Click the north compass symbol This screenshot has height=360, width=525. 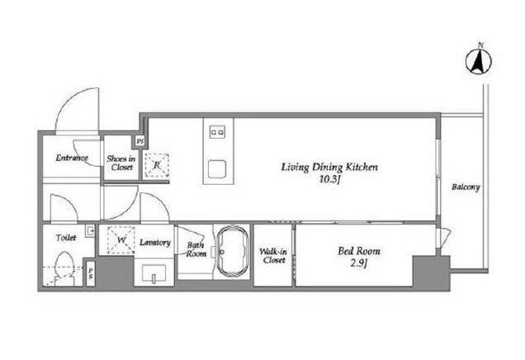[x=479, y=61]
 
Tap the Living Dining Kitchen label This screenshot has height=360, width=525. [x=329, y=167]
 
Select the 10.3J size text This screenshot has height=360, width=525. [x=330, y=179]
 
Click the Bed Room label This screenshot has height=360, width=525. [x=359, y=251]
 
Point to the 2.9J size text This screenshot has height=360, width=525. [x=359, y=263]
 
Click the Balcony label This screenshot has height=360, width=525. [x=466, y=187]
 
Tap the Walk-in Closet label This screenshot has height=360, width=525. [x=273, y=255]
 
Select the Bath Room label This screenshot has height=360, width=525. [x=196, y=249]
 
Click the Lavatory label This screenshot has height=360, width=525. [x=155, y=242]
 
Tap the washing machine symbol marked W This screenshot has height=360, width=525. [x=121, y=239]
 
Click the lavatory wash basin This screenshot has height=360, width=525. [x=154, y=273]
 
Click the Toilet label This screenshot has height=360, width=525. [x=66, y=238]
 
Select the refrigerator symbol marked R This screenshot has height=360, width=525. [x=157, y=165]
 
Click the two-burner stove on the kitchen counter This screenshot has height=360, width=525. [x=217, y=132]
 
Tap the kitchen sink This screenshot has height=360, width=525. [x=217, y=168]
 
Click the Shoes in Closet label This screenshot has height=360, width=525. [x=121, y=163]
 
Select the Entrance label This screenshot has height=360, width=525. [x=72, y=158]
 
